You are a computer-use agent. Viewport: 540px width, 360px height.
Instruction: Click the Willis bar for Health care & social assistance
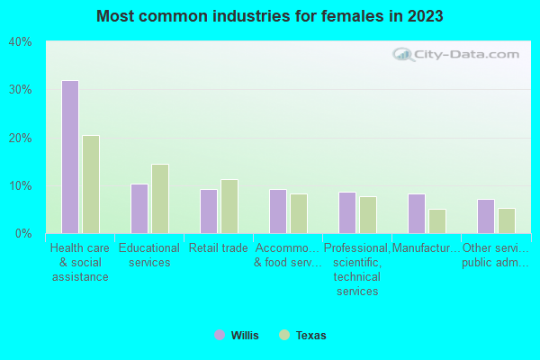point(69,157)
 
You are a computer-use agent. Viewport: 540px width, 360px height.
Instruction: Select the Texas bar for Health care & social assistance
point(91,184)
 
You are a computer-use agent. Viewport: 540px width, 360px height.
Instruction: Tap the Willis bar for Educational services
point(139,209)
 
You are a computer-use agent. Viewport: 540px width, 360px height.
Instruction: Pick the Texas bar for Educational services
point(160,199)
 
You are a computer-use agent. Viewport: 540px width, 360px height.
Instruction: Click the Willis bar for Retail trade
point(208,211)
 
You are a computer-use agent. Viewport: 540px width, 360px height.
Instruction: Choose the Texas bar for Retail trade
point(229,206)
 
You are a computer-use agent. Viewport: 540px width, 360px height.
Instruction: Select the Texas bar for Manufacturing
point(437,221)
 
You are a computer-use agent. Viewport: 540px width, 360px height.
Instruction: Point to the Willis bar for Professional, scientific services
point(346,212)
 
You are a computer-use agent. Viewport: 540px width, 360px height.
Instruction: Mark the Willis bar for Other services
point(485,216)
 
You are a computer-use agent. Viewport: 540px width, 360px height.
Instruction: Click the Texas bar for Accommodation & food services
point(299,213)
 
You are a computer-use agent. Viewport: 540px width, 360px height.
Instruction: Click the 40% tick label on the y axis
point(21,42)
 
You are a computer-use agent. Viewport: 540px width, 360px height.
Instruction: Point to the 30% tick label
point(21,90)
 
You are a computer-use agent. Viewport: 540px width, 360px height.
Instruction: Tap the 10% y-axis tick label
point(21,186)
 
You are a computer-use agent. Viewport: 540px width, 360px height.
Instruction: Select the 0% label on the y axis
point(23,234)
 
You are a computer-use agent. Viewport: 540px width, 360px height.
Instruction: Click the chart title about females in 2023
point(270,16)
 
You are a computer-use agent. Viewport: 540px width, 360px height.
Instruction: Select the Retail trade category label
point(219,248)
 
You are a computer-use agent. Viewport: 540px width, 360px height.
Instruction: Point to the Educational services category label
point(149,256)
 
